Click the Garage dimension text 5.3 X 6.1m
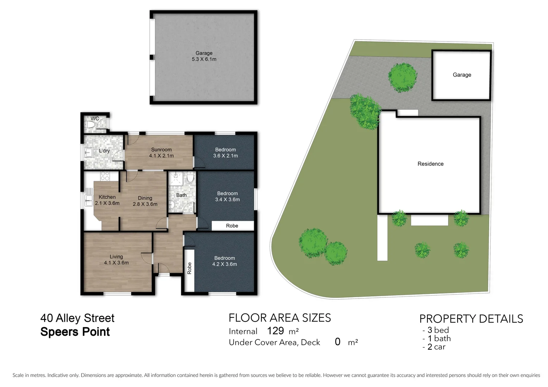point(204,59)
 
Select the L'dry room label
point(104,151)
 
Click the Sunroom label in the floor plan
point(161,150)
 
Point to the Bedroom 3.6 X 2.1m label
point(225,153)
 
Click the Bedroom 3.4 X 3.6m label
point(227,196)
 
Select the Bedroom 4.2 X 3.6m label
point(225,261)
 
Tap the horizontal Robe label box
point(232,226)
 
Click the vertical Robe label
point(189,268)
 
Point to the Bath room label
point(181,195)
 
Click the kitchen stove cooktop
point(105,176)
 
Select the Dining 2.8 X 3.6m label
point(145,201)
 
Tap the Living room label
point(116,257)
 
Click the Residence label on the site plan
point(430,164)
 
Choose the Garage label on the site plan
point(462,75)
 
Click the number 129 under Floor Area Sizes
point(275,331)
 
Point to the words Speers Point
point(75,332)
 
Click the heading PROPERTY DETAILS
point(471,319)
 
